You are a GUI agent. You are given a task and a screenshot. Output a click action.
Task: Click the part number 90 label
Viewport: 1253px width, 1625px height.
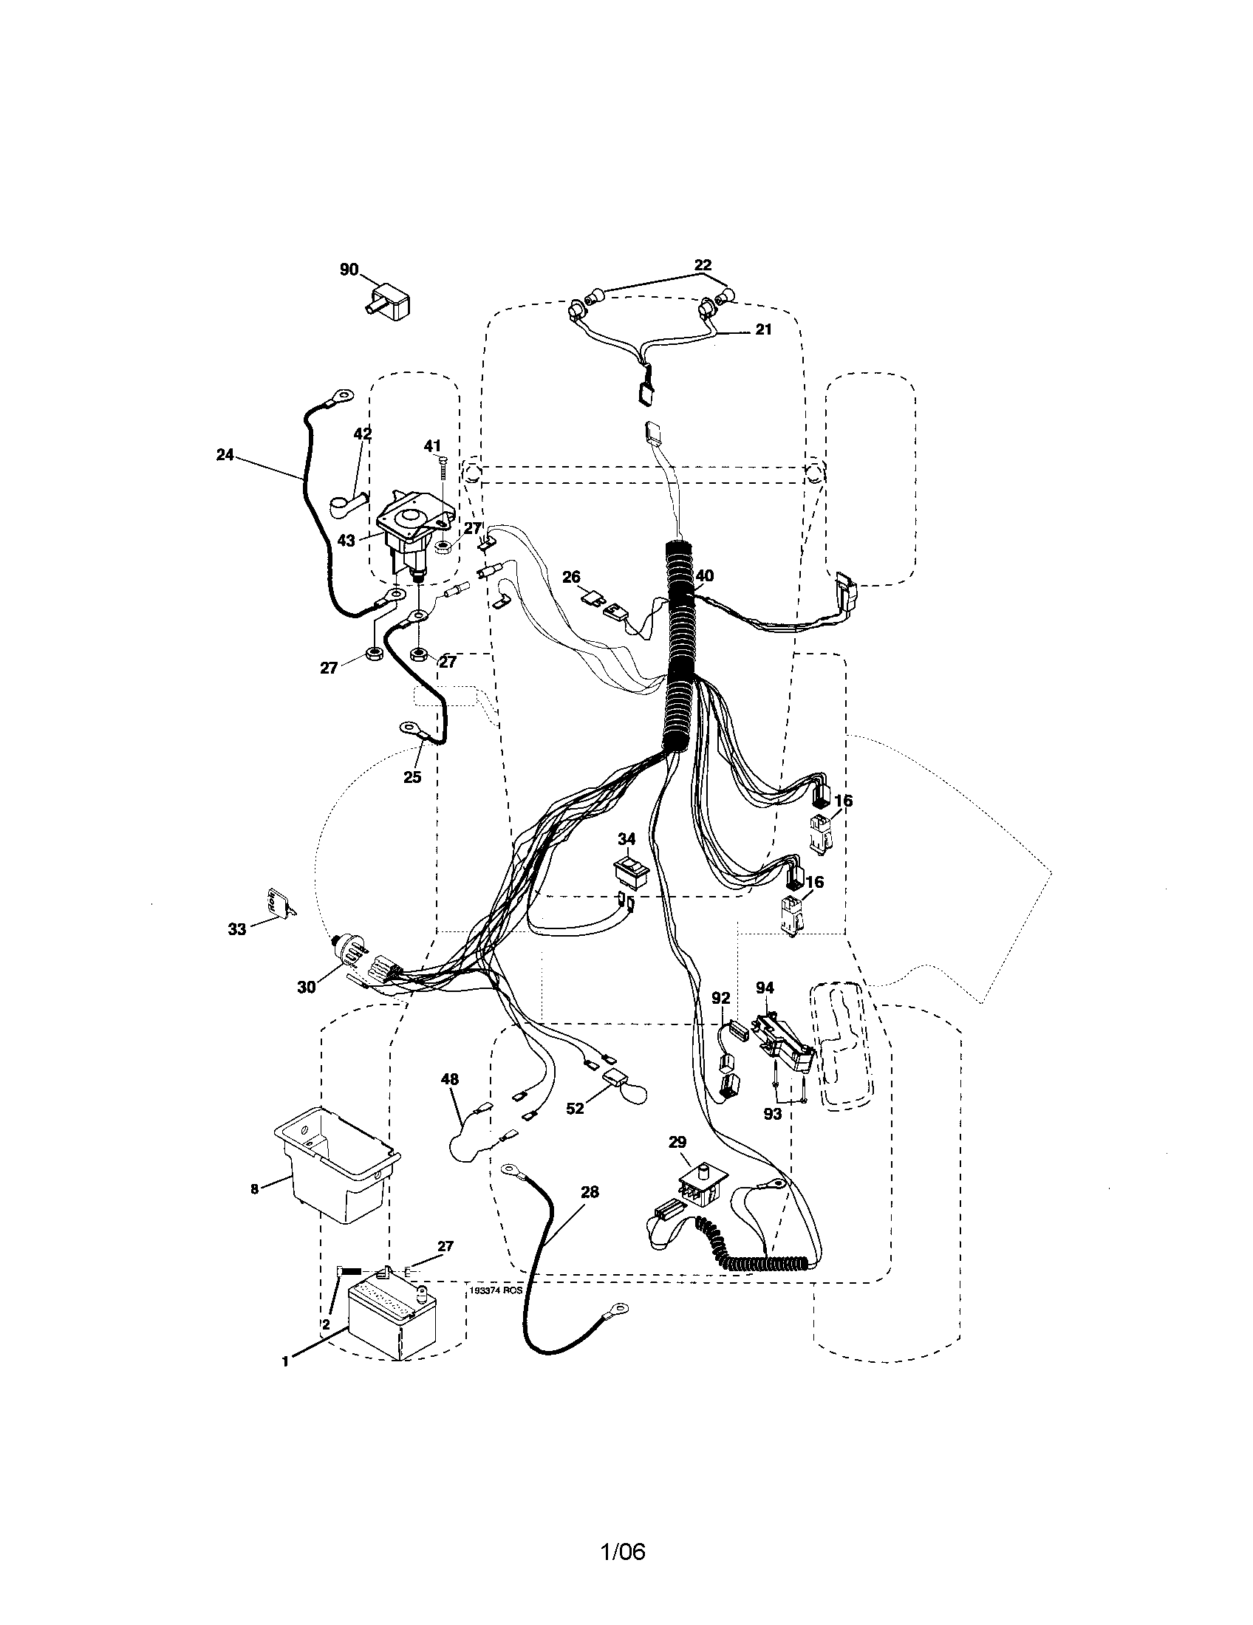[349, 270]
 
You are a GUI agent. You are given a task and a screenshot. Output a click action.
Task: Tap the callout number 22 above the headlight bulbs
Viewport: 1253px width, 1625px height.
[703, 265]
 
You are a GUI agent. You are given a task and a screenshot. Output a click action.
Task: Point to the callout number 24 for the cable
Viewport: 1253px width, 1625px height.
[225, 454]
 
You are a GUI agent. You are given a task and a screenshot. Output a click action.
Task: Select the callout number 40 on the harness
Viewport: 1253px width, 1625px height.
[704, 575]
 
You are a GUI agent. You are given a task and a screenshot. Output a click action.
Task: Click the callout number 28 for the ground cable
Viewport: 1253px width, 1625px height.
[589, 1192]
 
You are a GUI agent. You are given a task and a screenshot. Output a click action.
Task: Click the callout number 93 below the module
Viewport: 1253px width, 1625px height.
[773, 1114]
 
